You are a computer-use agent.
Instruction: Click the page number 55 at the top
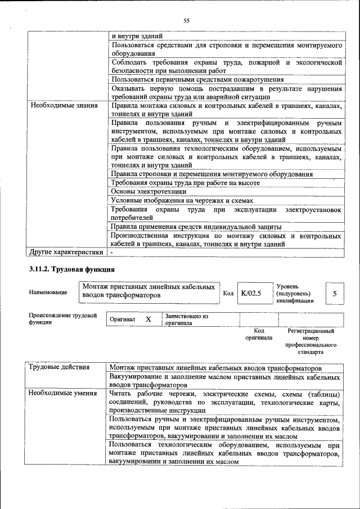click(186, 21)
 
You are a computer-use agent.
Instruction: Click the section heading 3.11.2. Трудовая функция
click(73, 269)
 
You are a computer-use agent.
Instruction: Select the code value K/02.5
click(251, 293)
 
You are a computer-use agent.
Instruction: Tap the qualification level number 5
click(335, 293)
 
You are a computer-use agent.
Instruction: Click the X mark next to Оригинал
click(148, 319)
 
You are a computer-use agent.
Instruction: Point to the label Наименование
click(48, 292)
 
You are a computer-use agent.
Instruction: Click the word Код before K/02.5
click(228, 293)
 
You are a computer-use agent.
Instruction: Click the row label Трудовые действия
click(60, 367)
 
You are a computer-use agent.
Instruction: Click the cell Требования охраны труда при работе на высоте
click(185, 183)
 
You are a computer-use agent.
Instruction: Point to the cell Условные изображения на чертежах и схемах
click(182, 200)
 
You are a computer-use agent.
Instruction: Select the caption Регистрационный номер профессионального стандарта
click(310, 341)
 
